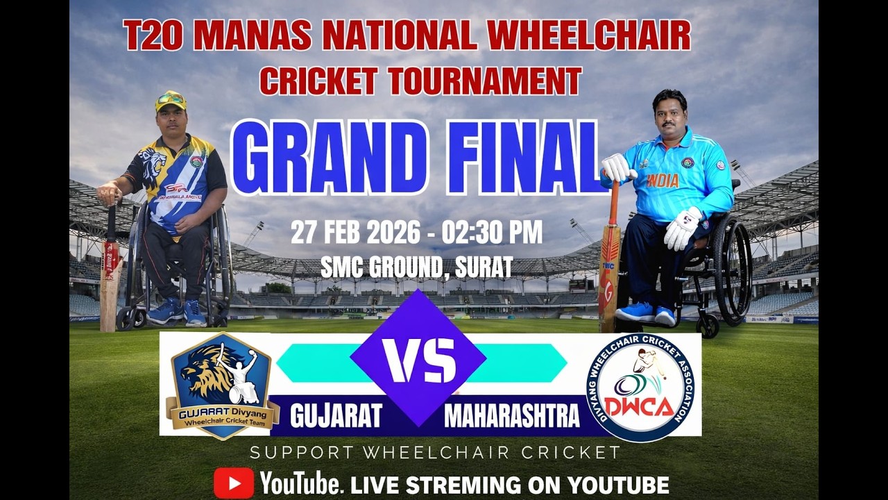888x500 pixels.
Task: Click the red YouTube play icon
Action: (233, 483)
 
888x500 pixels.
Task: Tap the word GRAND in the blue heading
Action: (330, 158)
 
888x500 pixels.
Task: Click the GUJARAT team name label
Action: (336, 415)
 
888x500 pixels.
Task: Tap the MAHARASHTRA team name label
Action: (511, 415)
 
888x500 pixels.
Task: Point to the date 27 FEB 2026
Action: (355, 233)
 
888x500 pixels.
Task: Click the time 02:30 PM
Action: (494, 233)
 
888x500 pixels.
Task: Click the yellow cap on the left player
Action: (171, 101)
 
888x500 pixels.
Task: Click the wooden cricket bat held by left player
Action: (110, 278)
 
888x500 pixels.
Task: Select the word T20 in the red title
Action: (153, 36)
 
